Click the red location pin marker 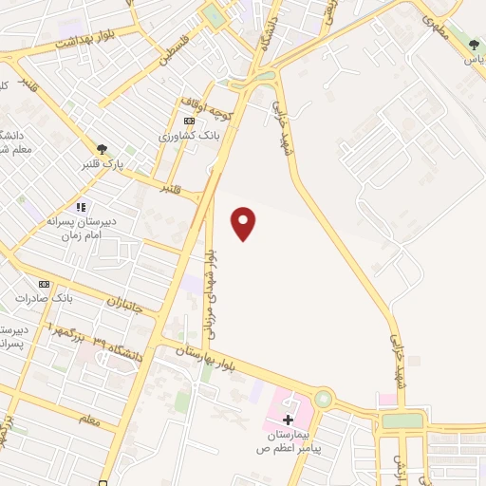pos(245,222)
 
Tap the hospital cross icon pos(288,418)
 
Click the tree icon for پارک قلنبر pos(101,148)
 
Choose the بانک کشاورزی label pos(190,137)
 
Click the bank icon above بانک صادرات pos(43,284)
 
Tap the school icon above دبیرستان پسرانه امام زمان pos(82,206)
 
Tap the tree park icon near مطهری pos(474,44)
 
